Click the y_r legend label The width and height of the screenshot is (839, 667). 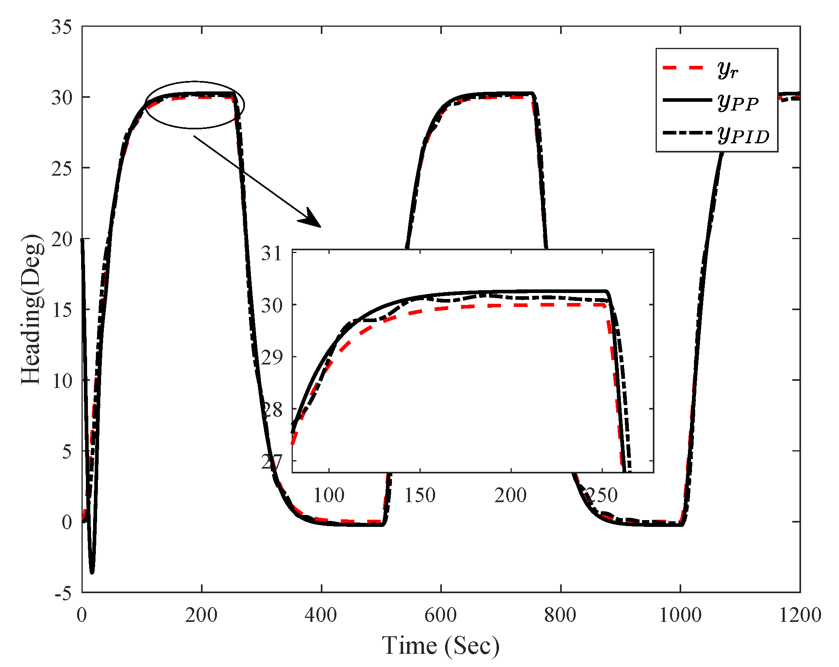(x=728, y=70)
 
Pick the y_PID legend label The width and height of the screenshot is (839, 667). (x=743, y=136)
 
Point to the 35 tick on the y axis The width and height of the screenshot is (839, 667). (x=62, y=27)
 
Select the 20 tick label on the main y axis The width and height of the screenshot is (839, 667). (x=62, y=239)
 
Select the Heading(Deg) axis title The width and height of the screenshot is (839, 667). (x=31, y=309)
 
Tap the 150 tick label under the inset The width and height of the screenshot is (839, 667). (x=419, y=496)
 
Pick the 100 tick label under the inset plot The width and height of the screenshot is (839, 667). (x=328, y=496)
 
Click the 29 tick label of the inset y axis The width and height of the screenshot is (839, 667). (x=272, y=357)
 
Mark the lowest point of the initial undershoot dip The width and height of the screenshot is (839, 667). (x=92, y=573)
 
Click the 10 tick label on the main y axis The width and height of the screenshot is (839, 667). (x=62, y=381)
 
